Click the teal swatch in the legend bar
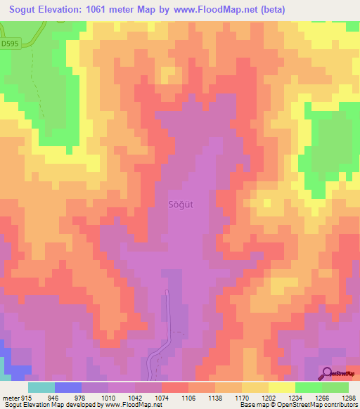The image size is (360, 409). tap(41, 387)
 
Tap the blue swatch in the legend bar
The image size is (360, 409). tap(68, 387)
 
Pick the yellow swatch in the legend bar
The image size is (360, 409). tap(281, 387)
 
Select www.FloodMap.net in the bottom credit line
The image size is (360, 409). tap(129, 405)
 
